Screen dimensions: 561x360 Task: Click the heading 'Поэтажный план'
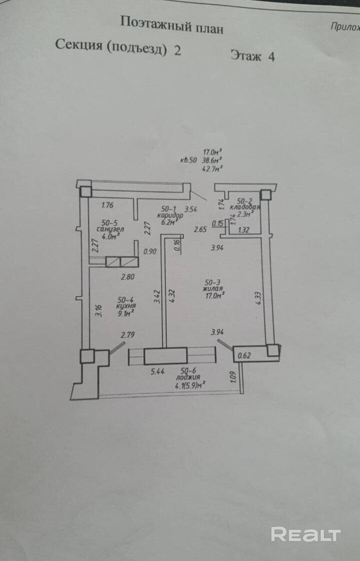(171, 25)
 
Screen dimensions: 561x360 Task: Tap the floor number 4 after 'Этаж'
(271, 57)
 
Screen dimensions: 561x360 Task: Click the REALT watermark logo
(306, 534)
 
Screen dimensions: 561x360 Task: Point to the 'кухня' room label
(126, 306)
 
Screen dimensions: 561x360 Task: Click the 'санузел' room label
(110, 229)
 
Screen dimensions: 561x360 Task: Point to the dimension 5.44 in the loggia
(158, 372)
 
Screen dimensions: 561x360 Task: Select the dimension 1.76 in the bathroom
(107, 204)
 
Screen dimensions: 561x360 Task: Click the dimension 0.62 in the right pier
(244, 356)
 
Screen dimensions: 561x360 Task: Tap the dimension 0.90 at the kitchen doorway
(150, 252)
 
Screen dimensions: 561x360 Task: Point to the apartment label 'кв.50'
(189, 160)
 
